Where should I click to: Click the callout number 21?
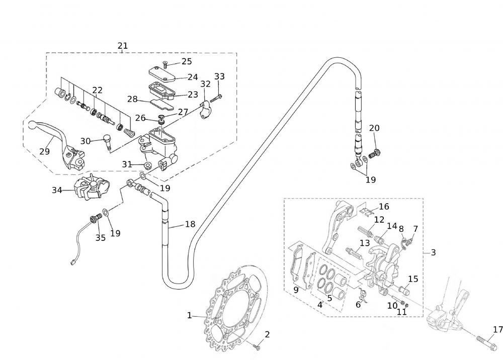tap(123, 46)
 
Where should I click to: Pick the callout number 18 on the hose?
tap(190, 224)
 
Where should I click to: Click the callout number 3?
tap(433, 252)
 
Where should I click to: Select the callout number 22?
tap(98, 91)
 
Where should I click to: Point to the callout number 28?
tap(132, 99)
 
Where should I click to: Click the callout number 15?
tap(413, 279)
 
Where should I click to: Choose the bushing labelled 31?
tap(148, 165)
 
